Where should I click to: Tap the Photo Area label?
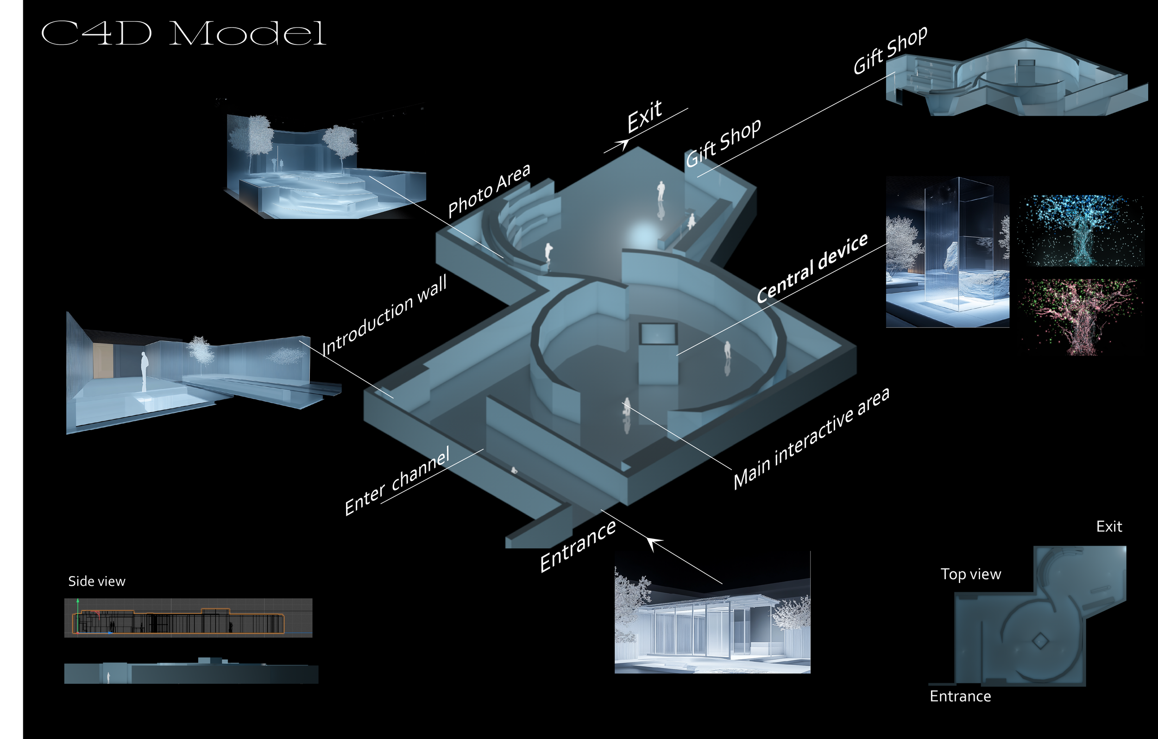(x=489, y=190)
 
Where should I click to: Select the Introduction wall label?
(x=384, y=314)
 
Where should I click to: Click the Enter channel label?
(x=397, y=481)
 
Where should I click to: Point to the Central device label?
(x=812, y=268)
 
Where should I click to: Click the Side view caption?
(x=97, y=581)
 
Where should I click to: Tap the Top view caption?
(x=970, y=574)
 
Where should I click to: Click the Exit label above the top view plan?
(x=1109, y=526)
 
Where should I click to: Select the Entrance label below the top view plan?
(x=960, y=696)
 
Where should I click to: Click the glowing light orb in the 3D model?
(x=642, y=236)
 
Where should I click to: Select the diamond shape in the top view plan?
(x=1040, y=641)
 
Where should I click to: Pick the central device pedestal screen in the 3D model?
(x=658, y=334)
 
